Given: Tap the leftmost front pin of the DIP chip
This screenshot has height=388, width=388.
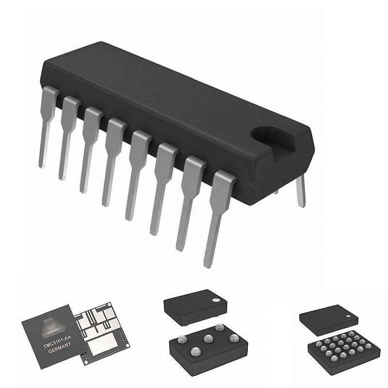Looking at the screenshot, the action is coord(48,124).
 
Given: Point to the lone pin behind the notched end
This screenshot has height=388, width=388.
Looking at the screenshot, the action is coord(301,191).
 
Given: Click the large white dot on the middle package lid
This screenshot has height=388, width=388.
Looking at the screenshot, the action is coord(215,300).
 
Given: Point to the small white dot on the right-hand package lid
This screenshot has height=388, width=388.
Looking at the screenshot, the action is coord(348,316).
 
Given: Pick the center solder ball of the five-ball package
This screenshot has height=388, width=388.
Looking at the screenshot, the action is coord(208,339).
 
